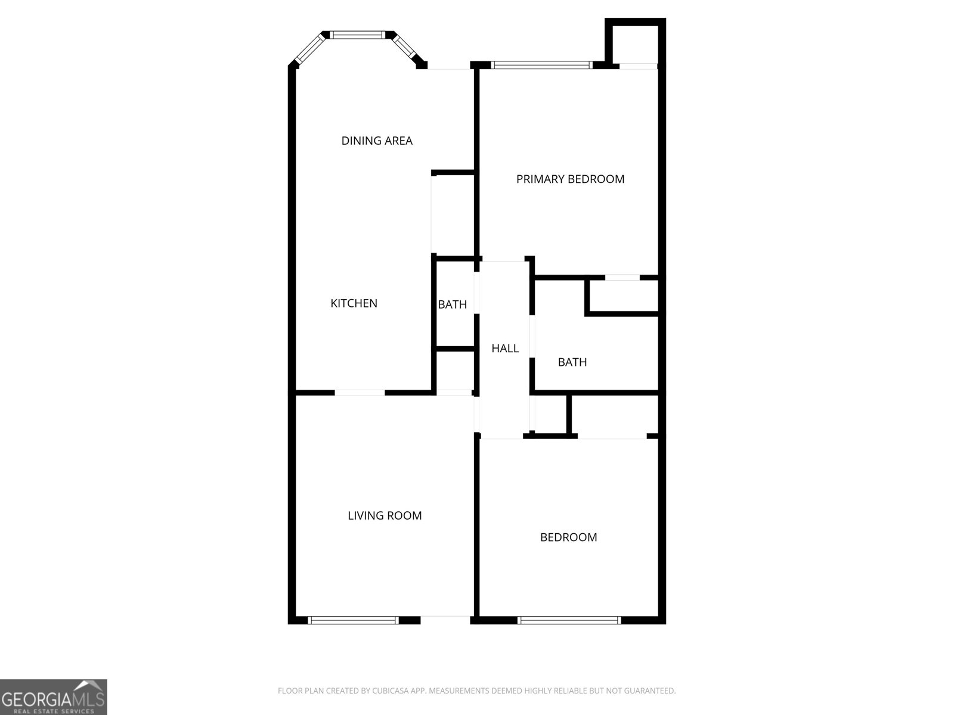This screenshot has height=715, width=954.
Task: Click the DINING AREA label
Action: point(377,141)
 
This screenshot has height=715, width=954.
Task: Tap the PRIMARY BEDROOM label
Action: point(570,179)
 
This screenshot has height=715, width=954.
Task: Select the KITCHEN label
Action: point(354,303)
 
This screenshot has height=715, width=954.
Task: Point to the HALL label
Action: point(504,349)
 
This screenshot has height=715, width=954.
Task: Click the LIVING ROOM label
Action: point(385,515)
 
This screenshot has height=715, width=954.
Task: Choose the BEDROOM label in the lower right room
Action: point(568,537)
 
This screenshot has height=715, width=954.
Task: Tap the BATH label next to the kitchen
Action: point(452,304)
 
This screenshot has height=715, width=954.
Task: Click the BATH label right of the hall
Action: point(572,362)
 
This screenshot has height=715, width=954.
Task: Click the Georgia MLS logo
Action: point(53,697)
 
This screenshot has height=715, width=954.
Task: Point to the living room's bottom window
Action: point(353,620)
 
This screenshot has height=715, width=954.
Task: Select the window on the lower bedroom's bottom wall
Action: point(569,620)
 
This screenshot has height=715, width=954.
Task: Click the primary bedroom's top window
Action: point(541,65)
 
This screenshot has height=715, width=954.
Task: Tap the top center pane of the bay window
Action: point(358,35)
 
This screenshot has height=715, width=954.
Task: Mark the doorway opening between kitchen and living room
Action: point(360,393)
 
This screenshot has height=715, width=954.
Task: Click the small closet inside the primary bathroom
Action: point(624,296)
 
